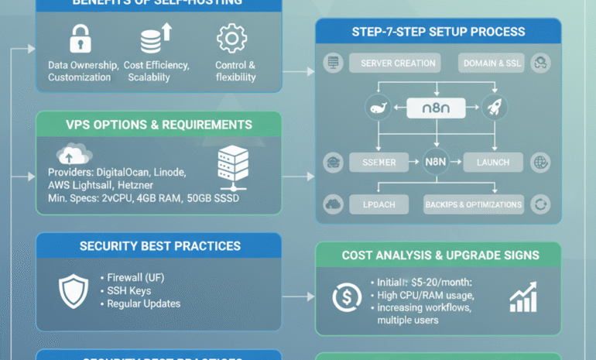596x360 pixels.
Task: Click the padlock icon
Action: pyautogui.click(x=80, y=39)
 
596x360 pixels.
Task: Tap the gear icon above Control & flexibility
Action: pyautogui.click(x=231, y=39)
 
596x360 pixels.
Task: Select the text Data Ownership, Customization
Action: pyautogui.click(x=83, y=71)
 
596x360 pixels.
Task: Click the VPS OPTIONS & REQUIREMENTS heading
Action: pyautogui.click(x=159, y=125)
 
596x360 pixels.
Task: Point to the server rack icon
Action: pyautogui.click(x=233, y=166)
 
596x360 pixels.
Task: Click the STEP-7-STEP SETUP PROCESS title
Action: pyautogui.click(x=438, y=32)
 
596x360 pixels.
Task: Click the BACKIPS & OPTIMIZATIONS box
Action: pyautogui.click(x=474, y=204)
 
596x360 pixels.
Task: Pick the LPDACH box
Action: pyautogui.click(x=379, y=204)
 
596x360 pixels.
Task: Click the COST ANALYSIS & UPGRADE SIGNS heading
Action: pyautogui.click(x=440, y=255)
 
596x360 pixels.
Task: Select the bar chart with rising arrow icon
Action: pyautogui.click(x=524, y=297)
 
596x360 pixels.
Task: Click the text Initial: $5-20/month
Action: pyautogui.click(x=426, y=283)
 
